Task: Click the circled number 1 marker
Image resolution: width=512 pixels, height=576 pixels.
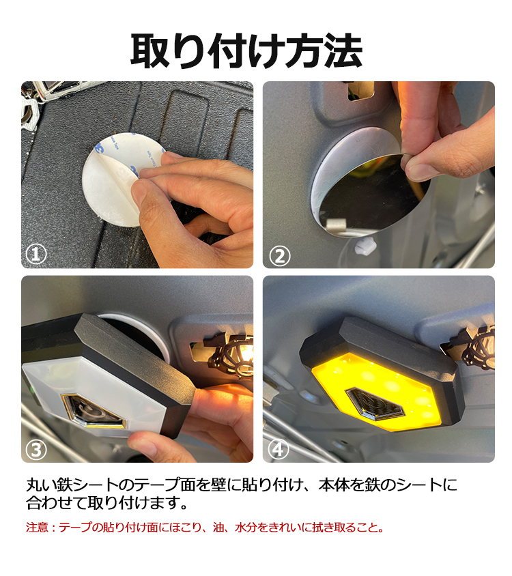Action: pos(36,254)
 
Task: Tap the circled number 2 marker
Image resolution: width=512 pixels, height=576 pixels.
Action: pos(280,256)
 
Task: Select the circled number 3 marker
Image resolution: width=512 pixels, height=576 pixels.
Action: pos(36,450)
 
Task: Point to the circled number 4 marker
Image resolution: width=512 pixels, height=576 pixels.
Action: pos(279,449)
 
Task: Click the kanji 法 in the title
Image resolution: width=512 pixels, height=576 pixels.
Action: pos(343,51)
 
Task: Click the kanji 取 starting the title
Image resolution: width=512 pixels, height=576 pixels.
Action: pos(150,51)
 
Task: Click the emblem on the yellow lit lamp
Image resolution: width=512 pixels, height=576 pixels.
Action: pos(375,404)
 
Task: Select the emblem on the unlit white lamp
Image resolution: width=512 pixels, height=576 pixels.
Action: pos(94,411)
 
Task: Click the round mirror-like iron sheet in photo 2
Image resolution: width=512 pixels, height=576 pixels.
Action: pos(372,191)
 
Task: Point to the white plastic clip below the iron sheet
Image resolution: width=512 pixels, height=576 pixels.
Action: pos(365,245)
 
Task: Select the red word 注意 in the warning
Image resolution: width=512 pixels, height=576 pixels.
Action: pos(37,528)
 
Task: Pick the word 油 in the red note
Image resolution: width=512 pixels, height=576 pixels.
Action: pos(218,528)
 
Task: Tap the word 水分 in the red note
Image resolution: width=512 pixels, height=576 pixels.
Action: pos(246,528)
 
